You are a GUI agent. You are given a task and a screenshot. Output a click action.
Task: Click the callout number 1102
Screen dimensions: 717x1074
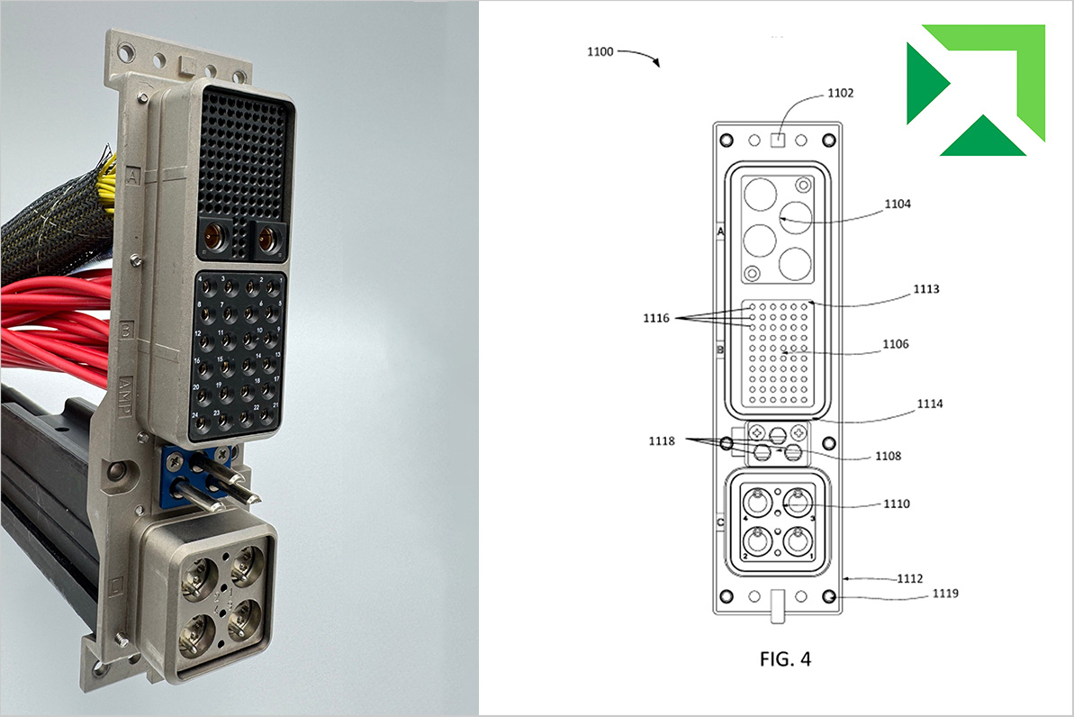point(840,93)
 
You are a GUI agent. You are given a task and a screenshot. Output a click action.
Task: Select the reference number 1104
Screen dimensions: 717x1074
point(898,204)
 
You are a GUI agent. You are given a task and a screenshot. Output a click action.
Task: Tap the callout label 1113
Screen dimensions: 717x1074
point(925,289)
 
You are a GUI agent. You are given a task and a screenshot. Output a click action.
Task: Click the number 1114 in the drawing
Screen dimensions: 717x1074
point(929,404)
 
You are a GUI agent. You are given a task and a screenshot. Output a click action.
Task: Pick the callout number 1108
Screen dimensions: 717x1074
point(887,456)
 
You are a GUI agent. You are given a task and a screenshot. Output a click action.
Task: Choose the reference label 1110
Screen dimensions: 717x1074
point(898,504)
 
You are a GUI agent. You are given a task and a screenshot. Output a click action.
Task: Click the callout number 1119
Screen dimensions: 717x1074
point(945,594)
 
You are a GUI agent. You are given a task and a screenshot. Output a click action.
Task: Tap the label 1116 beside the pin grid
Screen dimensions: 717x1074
point(656,318)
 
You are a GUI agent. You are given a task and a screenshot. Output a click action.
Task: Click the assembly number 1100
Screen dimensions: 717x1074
point(600,52)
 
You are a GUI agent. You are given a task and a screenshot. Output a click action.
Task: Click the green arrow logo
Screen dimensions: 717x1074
point(975,89)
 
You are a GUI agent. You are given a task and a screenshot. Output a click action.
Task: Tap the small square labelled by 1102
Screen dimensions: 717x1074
point(780,140)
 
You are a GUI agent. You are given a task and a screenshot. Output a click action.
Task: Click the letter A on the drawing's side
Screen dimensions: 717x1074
point(720,231)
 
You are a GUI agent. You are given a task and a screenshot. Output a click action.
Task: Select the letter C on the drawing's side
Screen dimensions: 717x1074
point(720,522)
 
